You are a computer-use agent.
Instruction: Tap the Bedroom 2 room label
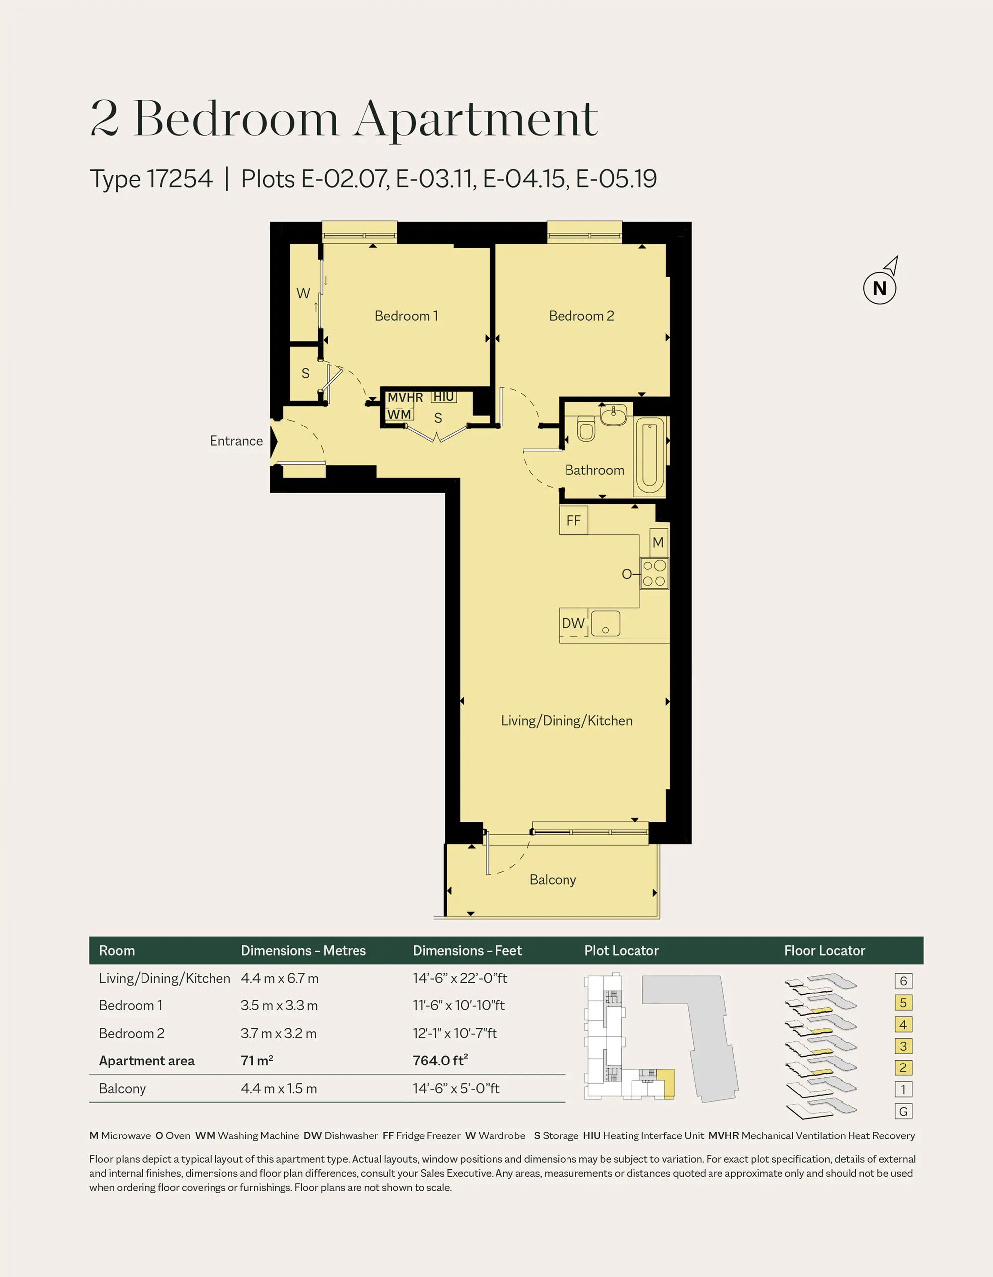(x=581, y=316)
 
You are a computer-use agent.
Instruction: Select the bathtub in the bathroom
(x=650, y=456)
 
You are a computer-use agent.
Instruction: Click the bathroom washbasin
(x=614, y=415)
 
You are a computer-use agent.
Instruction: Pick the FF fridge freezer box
(x=573, y=520)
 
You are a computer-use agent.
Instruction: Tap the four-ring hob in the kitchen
(x=654, y=573)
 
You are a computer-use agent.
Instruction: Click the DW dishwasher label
(x=573, y=623)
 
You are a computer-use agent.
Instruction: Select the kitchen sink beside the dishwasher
(x=605, y=623)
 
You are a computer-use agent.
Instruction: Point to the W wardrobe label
(x=303, y=293)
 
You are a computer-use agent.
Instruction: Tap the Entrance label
(x=236, y=441)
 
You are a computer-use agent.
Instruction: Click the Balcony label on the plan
(x=553, y=880)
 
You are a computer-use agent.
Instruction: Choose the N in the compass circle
(x=879, y=288)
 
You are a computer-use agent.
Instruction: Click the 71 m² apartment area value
(x=257, y=1061)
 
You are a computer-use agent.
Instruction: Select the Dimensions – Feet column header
(x=467, y=951)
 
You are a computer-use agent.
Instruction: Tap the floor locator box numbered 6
(x=904, y=981)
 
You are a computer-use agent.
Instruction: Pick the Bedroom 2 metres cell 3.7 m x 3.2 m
(x=279, y=1033)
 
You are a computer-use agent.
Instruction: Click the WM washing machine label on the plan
(x=399, y=414)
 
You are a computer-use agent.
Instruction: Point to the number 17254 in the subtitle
(x=180, y=178)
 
